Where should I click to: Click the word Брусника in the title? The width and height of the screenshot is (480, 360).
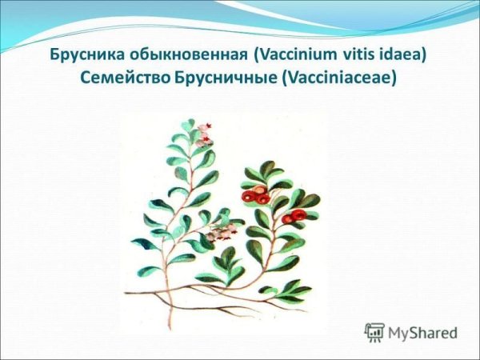pos(83,57)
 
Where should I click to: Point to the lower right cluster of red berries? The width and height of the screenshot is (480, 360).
pos(295,215)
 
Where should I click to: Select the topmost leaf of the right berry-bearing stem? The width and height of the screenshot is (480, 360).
pos(270,169)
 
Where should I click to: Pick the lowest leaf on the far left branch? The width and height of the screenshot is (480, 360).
pos(149,271)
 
